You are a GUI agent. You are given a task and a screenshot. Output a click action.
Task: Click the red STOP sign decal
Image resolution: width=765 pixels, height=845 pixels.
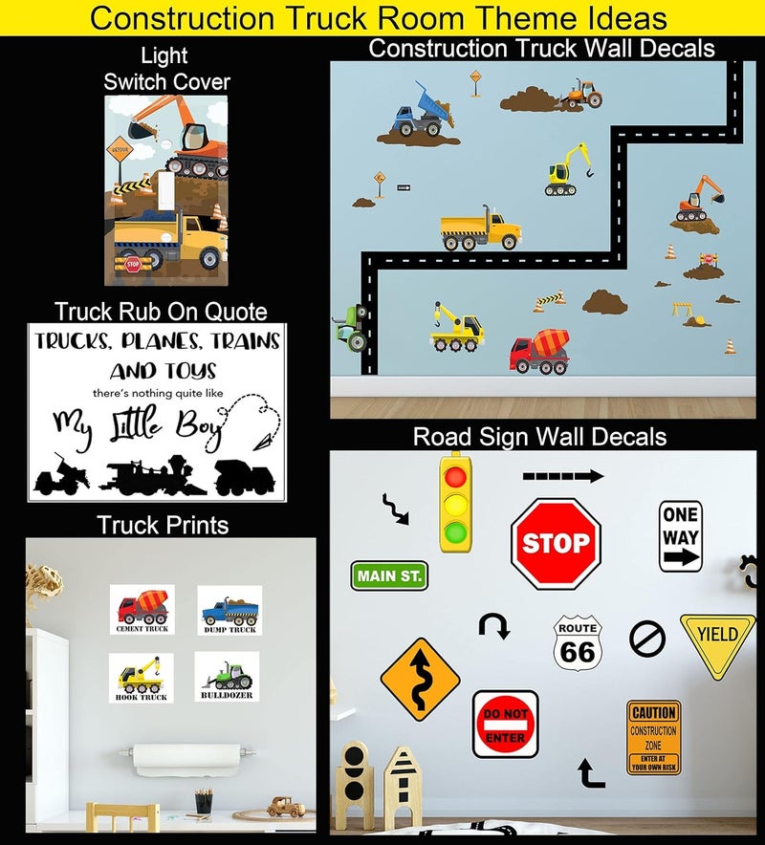point(556,544)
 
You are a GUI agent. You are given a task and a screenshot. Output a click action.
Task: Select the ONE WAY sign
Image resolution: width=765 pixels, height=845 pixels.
point(681,537)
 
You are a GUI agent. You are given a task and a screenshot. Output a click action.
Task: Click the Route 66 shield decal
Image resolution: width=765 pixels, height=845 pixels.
point(578,642)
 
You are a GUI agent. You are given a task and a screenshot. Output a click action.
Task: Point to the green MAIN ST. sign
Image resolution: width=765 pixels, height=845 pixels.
point(389,575)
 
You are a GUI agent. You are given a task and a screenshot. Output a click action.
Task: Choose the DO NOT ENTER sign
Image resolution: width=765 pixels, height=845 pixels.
point(505,725)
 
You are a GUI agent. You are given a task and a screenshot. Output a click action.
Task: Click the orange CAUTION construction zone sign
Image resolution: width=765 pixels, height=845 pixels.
point(654,737)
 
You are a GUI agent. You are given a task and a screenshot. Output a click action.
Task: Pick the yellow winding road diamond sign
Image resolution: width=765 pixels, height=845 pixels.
point(421,679)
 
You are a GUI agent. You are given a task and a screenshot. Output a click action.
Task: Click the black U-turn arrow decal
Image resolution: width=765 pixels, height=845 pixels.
point(494,627)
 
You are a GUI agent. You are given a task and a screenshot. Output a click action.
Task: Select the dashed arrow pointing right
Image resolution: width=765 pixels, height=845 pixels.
point(563,475)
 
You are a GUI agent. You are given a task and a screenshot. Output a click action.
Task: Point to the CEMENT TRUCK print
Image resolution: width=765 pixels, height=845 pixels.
point(142,609)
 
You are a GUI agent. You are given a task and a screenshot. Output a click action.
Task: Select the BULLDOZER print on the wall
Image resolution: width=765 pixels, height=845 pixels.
point(227,678)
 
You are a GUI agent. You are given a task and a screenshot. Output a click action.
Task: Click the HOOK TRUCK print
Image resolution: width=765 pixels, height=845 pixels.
point(142,678)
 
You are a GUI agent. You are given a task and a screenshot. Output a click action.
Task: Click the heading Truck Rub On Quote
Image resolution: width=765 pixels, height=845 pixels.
point(161,312)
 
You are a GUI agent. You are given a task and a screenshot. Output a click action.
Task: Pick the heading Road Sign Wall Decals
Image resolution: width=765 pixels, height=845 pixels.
point(539,438)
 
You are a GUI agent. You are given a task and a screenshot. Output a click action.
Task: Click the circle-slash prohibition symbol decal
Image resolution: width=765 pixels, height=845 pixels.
point(647,638)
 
